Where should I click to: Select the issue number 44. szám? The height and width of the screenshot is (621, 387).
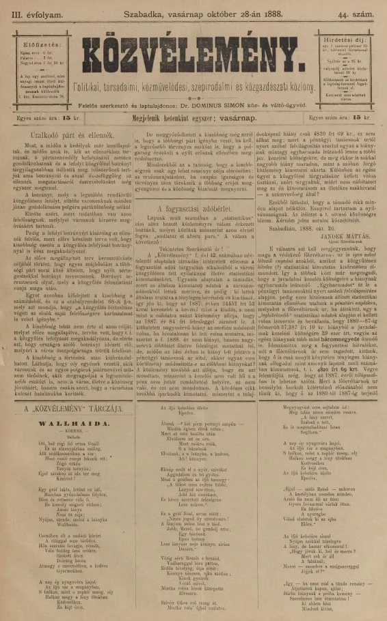(357, 12)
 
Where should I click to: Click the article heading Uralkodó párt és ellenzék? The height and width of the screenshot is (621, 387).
(66, 135)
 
